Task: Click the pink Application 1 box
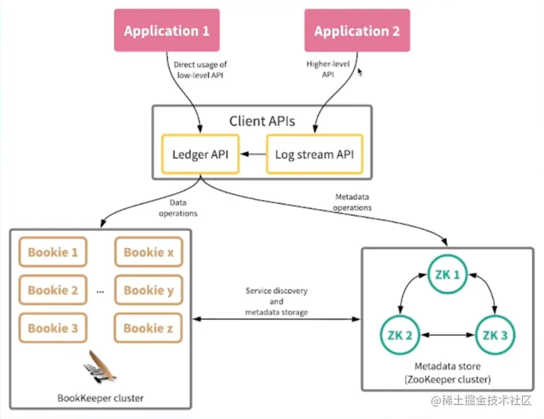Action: tap(166, 30)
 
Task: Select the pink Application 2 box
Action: tap(357, 30)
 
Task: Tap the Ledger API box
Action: tap(201, 153)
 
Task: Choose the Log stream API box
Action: tap(315, 153)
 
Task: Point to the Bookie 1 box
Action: tap(53, 253)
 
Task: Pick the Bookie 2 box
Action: tap(53, 290)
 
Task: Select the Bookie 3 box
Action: tap(53, 328)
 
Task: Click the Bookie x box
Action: tap(148, 253)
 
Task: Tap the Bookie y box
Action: tap(148, 290)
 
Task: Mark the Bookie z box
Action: tap(148, 328)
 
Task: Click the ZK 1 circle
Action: tap(448, 276)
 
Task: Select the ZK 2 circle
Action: tap(401, 335)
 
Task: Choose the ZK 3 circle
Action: tap(495, 335)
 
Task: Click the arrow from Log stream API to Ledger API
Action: tap(254, 153)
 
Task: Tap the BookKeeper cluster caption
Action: tap(101, 398)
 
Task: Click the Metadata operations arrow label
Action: tap(353, 202)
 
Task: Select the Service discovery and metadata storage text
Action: tap(277, 302)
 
